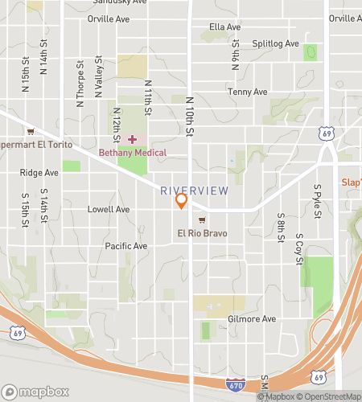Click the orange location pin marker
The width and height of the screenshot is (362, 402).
pos(182,201)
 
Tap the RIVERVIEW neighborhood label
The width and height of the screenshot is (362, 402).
pos(194,191)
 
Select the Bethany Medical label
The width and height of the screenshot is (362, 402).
pos(133,153)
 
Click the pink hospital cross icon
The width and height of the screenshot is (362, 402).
pos(132,139)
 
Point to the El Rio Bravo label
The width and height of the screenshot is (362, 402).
pos(203,233)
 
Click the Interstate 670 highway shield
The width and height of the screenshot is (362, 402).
pos(234,387)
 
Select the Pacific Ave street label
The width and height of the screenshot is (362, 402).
pos(126,246)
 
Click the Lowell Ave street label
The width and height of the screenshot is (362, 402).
pos(108,210)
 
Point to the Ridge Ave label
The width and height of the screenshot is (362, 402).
pos(39,173)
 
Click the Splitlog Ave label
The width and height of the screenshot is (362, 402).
pos(275,44)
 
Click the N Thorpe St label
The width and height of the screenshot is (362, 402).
pos(80,84)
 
